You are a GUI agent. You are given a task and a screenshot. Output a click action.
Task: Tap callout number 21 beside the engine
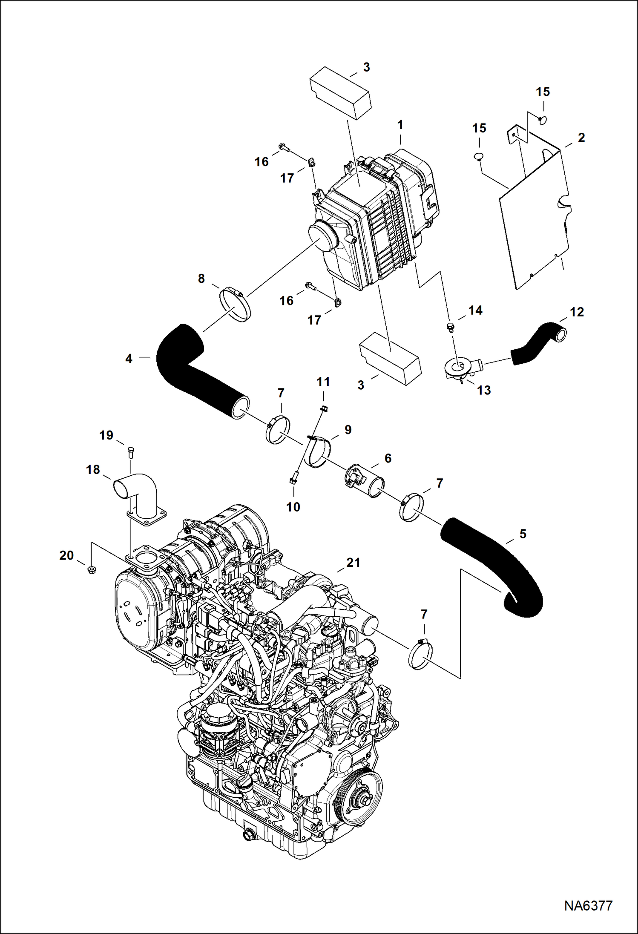click(353, 563)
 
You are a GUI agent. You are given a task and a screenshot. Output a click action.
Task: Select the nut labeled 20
click(91, 570)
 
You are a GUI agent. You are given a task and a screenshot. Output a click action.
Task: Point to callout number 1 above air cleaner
click(400, 125)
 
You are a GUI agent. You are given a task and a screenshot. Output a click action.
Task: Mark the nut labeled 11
click(323, 409)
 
